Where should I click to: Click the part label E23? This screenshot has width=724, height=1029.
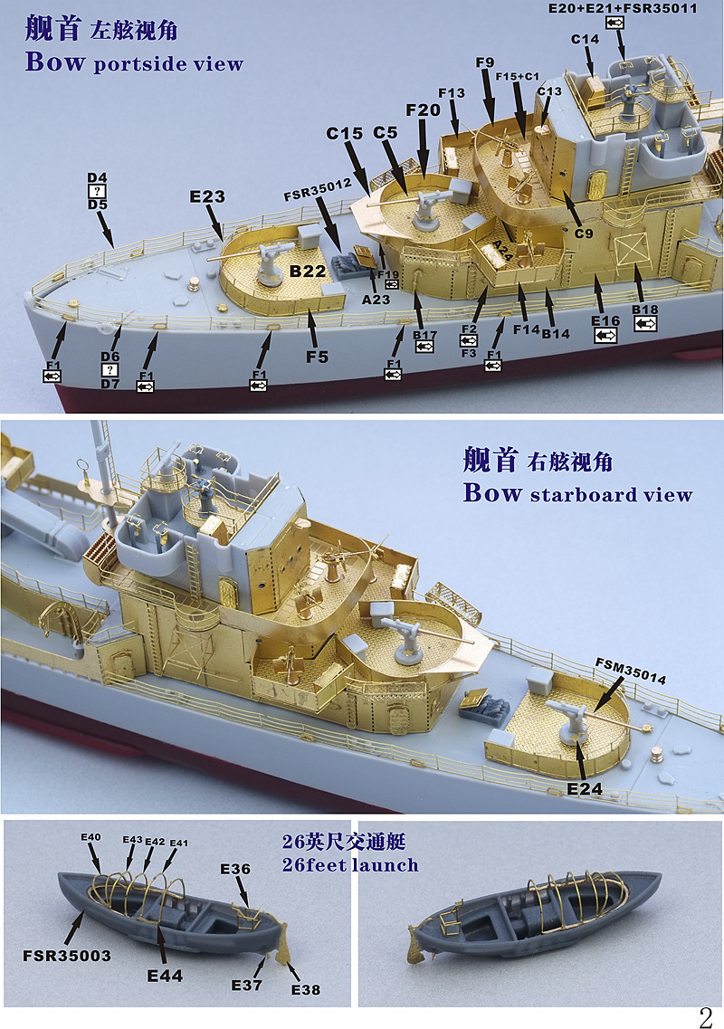[206, 196]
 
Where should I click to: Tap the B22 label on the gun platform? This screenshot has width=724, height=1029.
[308, 271]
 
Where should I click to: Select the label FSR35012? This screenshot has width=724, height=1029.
[319, 190]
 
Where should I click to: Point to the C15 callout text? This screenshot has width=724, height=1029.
[344, 133]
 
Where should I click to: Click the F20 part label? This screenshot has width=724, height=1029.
[423, 110]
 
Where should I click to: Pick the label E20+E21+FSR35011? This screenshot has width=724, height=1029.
[623, 8]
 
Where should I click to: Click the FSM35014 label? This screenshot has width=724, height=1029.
[631, 671]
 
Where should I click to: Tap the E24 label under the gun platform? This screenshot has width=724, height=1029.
[585, 789]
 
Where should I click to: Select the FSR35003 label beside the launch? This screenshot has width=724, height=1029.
[67, 956]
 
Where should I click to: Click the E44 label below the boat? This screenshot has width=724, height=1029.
[165, 976]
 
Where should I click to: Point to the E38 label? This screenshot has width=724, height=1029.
[305, 989]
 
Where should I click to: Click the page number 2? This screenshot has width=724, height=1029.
[705, 1018]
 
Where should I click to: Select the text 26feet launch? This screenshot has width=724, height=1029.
[350, 865]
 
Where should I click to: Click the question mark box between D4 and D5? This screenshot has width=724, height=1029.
[97, 191]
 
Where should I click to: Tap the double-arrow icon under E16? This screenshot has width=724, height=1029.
[605, 336]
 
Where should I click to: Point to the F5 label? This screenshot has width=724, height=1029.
[317, 357]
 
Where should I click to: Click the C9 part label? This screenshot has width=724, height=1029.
[584, 233]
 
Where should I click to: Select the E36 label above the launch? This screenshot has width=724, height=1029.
[235, 869]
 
